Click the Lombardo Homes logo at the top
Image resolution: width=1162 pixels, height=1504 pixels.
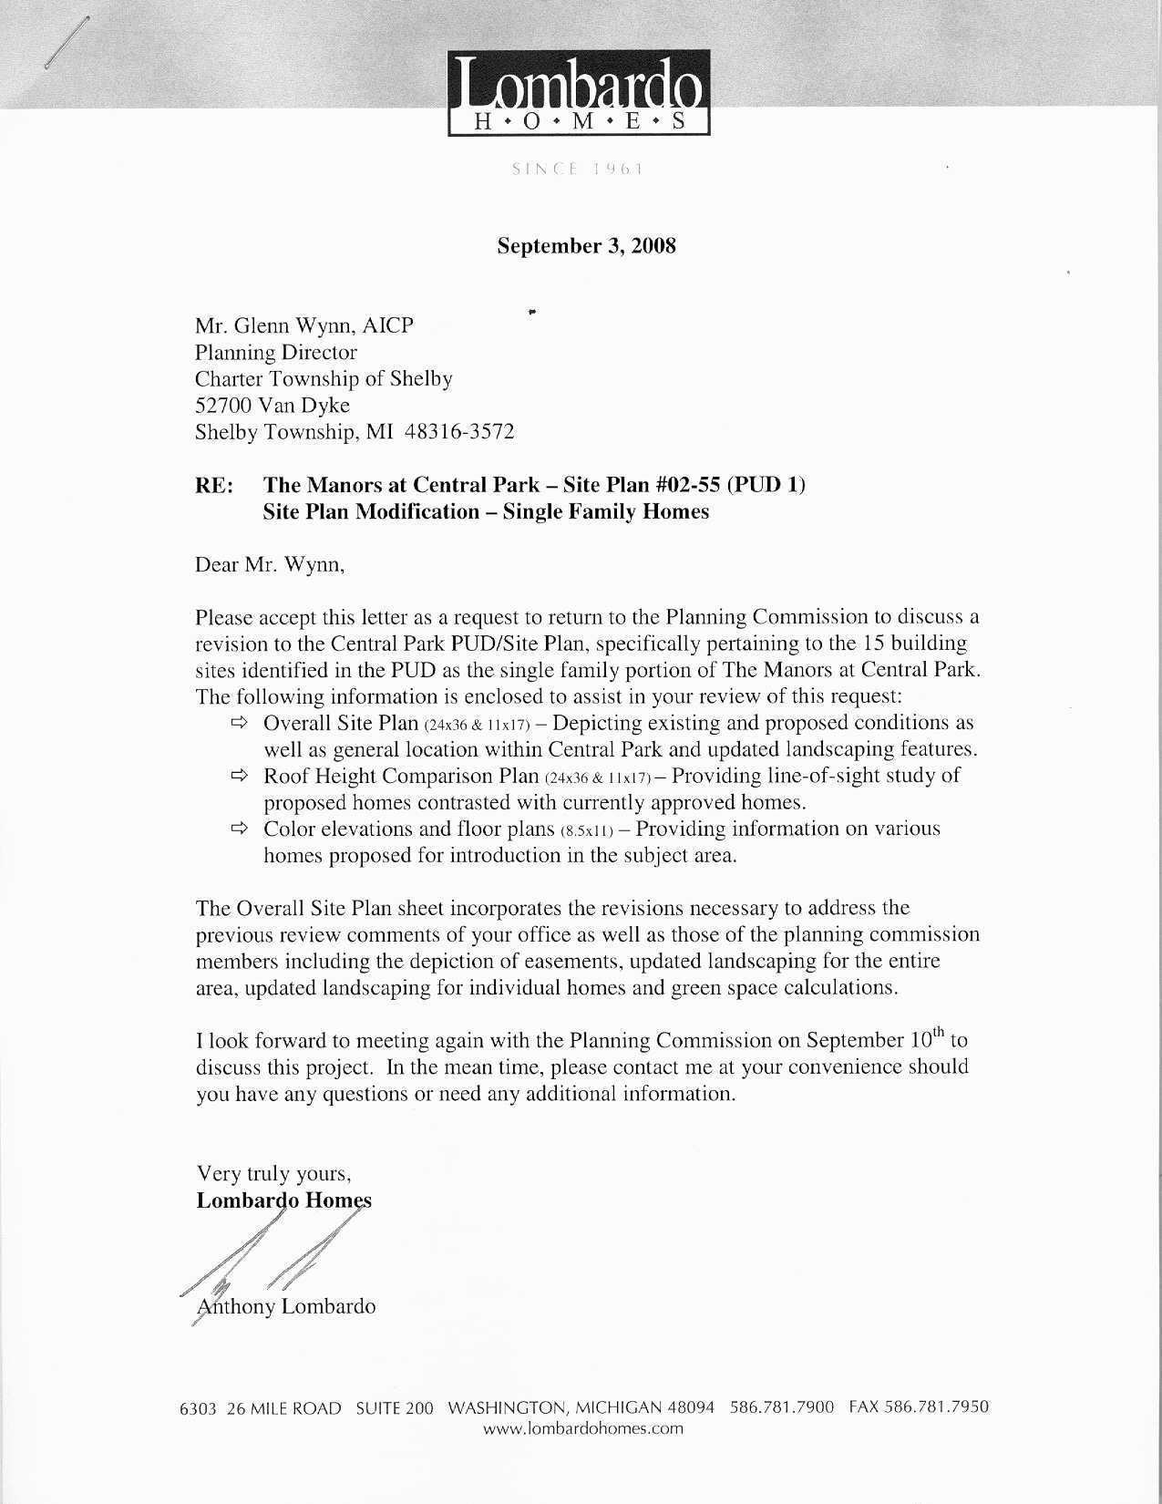tap(579, 93)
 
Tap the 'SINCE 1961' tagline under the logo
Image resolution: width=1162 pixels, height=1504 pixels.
tap(579, 169)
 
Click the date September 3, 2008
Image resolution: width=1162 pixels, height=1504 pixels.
tap(586, 246)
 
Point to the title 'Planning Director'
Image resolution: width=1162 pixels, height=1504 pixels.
tap(276, 352)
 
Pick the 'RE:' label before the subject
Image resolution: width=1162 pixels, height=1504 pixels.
tap(214, 485)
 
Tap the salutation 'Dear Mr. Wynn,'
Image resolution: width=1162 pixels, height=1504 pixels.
tap(271, 564)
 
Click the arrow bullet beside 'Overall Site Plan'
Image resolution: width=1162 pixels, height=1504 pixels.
tap(240, 723)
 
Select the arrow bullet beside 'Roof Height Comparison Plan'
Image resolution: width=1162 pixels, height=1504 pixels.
tap(240, 776)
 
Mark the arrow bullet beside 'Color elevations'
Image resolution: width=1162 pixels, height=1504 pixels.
tap(240, 829)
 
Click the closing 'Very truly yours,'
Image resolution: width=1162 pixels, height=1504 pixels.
tap(273, 1173)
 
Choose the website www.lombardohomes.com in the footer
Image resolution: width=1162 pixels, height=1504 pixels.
tap(582, 1428)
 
